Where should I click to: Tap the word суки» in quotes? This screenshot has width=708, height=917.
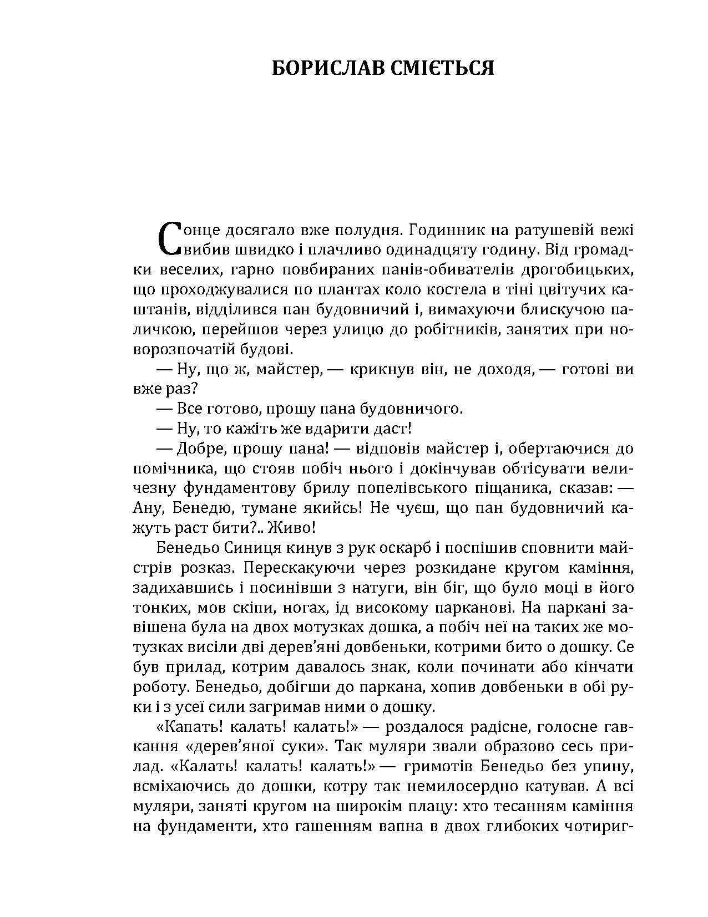click(x=303, y=746)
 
